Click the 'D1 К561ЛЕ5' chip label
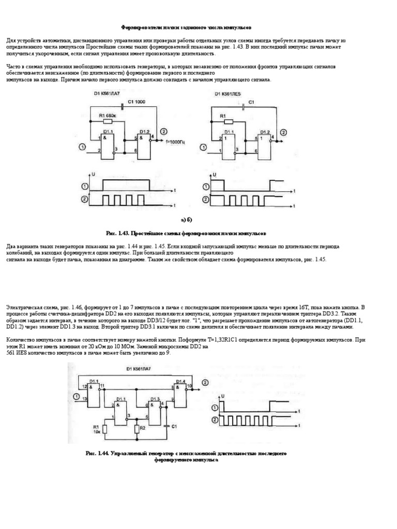(x=228, y=94)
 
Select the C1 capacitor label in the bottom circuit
(x=174, y=426)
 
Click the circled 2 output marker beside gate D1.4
(x=206, y=382)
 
